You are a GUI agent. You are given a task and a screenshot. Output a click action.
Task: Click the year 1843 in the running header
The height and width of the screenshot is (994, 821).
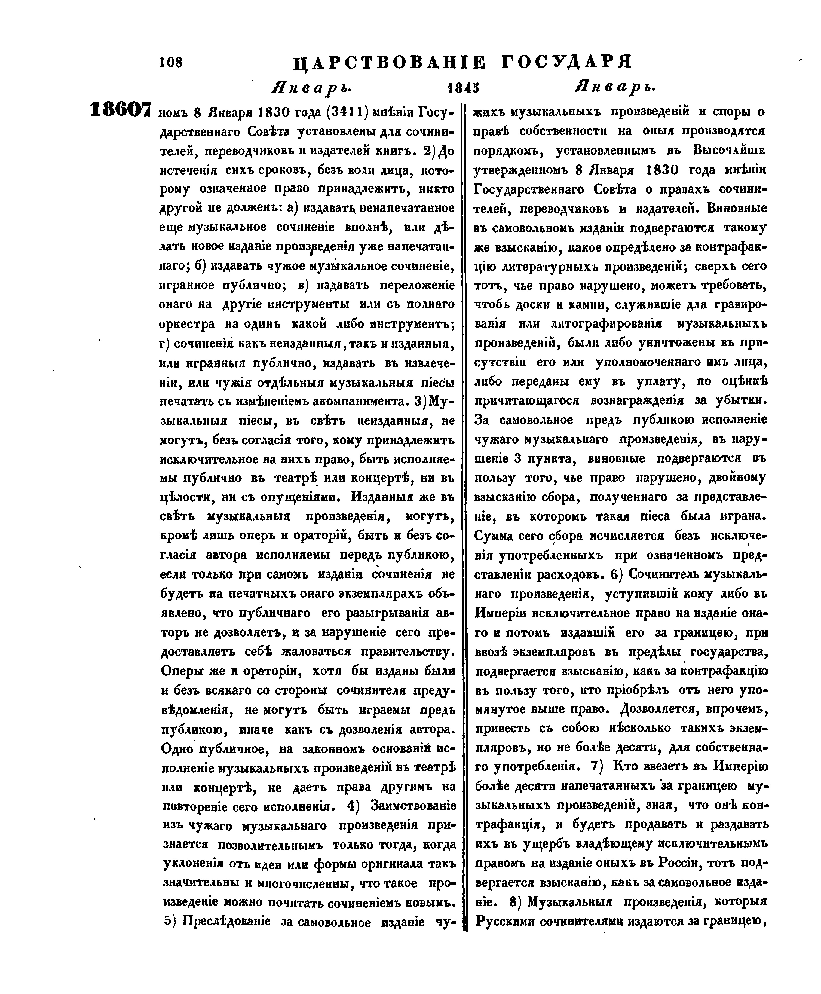[x=462, y=88]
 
